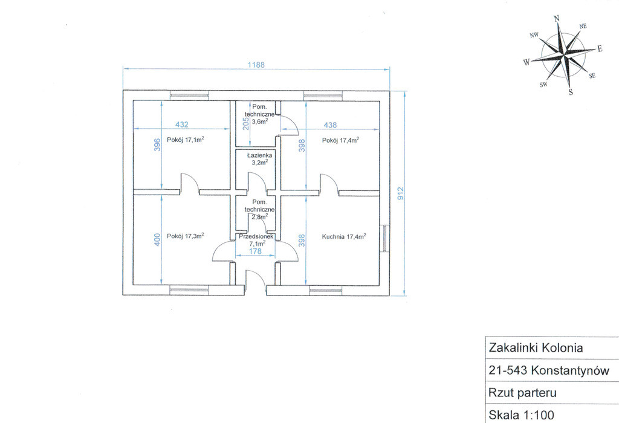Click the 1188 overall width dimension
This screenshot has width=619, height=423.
point(256,65)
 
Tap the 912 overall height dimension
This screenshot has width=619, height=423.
point(401,193)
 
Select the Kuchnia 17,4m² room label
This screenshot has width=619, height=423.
point(344,236)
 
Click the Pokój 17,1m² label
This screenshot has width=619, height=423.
point(185,140)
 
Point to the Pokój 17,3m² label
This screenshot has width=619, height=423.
point(185,236)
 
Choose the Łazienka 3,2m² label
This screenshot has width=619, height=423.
point(259,158)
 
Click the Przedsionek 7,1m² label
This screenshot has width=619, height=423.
point(256,240)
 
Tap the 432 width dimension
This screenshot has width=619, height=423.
point(181,124)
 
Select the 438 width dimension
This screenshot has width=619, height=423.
point(330,124)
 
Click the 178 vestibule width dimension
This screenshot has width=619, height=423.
point(256,251)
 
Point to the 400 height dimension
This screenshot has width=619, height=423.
point(157,240)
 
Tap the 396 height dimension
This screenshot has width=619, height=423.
point(157,144)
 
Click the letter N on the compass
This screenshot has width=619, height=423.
point(557,19)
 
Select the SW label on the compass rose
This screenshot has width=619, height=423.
point(543,85)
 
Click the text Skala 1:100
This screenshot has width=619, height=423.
point(521,415)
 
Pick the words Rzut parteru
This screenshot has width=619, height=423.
point(522,393)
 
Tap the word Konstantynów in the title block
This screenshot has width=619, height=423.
point(570,370)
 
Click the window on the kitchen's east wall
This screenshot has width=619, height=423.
point(385,238)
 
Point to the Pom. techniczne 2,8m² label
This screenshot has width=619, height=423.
point(259,209)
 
